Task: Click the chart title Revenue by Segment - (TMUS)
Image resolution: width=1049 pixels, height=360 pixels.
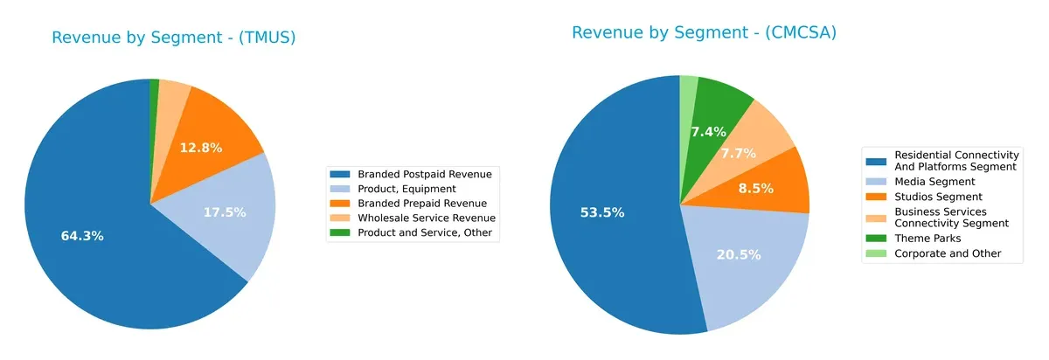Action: [173, 38]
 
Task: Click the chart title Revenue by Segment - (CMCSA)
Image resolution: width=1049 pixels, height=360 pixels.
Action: [704, 33]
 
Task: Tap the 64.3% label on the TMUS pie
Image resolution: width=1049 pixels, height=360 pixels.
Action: [82, 237]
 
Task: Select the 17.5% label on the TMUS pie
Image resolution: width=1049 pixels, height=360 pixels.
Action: [225, 212]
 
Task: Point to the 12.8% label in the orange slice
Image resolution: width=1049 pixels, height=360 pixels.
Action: [201, 148]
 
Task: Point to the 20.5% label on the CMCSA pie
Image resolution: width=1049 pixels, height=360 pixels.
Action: [740, 255]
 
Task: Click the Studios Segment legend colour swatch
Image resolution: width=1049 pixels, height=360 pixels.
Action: [876, 197]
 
